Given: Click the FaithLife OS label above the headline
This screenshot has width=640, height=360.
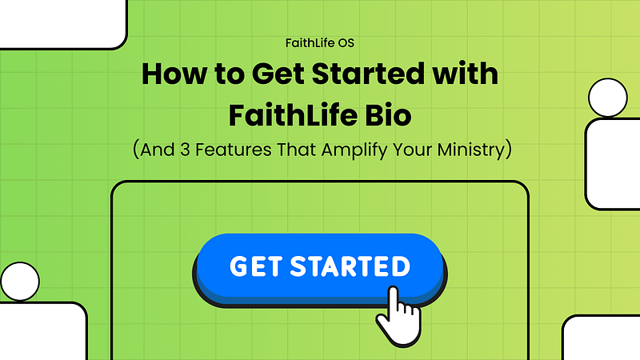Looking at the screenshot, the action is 319,43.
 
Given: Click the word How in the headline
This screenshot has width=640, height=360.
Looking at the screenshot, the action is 174,74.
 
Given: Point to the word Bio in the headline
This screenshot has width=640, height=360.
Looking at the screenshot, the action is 388,115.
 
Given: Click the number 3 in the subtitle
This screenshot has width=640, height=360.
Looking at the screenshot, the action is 185,150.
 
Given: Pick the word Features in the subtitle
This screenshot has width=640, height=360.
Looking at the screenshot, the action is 233,150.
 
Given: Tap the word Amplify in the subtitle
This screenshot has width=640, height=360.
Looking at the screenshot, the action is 354,150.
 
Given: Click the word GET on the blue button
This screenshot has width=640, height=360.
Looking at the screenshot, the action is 256,266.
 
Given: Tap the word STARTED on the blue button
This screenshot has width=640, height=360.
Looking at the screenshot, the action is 350,266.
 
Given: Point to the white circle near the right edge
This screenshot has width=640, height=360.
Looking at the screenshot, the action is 608,98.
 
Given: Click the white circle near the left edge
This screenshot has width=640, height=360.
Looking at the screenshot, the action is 20,282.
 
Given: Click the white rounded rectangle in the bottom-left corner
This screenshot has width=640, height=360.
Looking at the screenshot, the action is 43,331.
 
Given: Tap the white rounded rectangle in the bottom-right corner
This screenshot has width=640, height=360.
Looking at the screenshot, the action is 602,338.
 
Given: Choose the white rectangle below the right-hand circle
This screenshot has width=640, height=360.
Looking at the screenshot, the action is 613,164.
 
